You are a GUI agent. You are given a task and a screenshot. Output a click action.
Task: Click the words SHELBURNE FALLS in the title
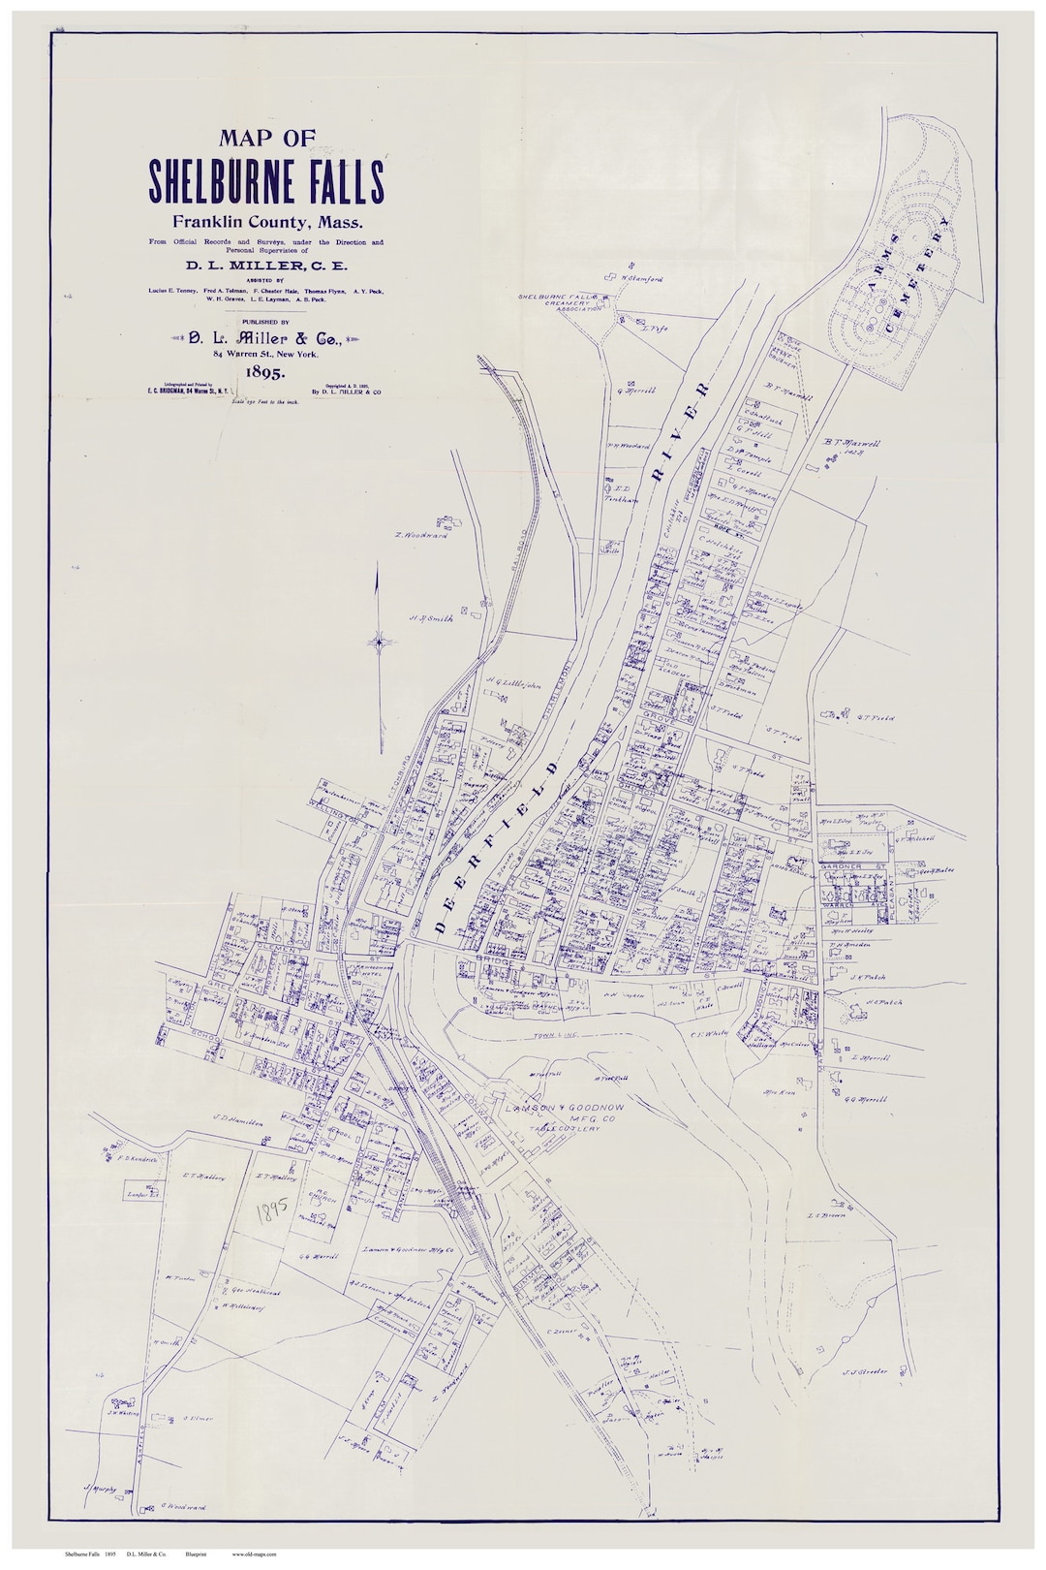click(266, 179)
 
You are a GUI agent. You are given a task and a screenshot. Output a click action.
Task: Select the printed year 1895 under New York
click(265, 370)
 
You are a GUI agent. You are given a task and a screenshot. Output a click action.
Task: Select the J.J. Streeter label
click(865, 1370)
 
